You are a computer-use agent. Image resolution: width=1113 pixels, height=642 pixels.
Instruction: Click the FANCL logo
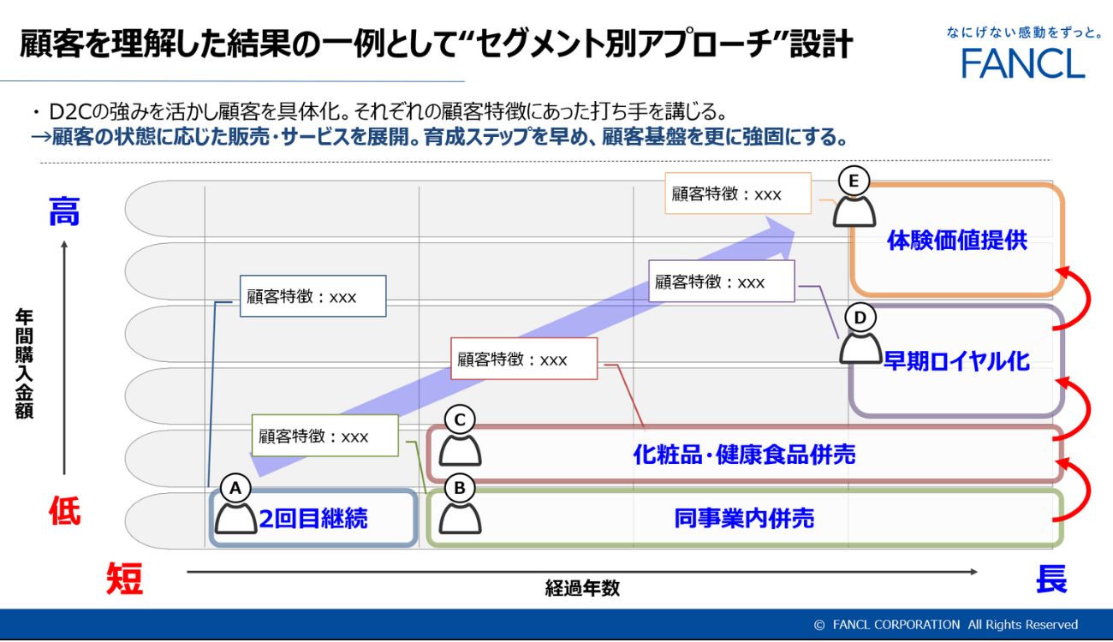pyautogui.click(x=1022, y=62)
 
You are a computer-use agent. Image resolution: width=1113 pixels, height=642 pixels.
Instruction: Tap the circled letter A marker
pyautogui.click(x=235, y=488)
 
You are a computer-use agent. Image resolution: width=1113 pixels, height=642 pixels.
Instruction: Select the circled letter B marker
pyautogui.click(x=460, y=488)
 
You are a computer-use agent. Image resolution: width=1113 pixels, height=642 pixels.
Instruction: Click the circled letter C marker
pyautogui.click(x=460, y=419)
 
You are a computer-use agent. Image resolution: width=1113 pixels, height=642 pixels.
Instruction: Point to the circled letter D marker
pyautogui.click(x=860, y=318)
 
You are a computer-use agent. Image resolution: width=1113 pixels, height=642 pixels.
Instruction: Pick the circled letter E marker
pyautogui.click(x=854, y=181)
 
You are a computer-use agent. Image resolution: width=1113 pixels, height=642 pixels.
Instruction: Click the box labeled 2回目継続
pyautogui.click(x=313, y=518)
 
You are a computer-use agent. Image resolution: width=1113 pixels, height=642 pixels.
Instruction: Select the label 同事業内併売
pyautogui.click(x=743, y=518)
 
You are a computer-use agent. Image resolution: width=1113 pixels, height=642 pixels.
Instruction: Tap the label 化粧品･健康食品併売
pyautogui.click(x=743, y=455)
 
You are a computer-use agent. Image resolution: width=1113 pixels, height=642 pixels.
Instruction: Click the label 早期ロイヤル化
pyautogui.click(x=956, y=360)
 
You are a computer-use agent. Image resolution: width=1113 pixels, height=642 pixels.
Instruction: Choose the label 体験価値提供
pyautogui.click(x=956, y=241)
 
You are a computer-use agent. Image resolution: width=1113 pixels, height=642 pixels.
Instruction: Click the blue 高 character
pyautogui.click(x=64, y=211)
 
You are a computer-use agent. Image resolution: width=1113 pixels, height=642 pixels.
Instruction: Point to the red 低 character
pyautogui.click(x=64, y=512)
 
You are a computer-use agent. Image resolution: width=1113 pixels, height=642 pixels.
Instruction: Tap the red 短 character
pyautogui.click(x=124, y=580)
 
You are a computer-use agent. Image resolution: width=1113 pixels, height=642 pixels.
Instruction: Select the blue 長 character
pyautogui.click(x=1051, y=580)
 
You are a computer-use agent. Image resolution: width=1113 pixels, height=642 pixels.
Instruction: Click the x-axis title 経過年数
pyautogui.click(x=582, y=588)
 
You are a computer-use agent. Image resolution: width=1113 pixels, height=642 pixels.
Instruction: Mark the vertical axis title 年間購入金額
pyautogui.click(x=24, y=364)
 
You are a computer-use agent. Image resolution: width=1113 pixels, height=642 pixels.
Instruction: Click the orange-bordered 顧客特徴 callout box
pyautogui.click(x=737, y=194)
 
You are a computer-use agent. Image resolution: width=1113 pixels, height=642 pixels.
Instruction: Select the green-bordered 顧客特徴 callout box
pyautogui.click(x=325, y=436)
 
